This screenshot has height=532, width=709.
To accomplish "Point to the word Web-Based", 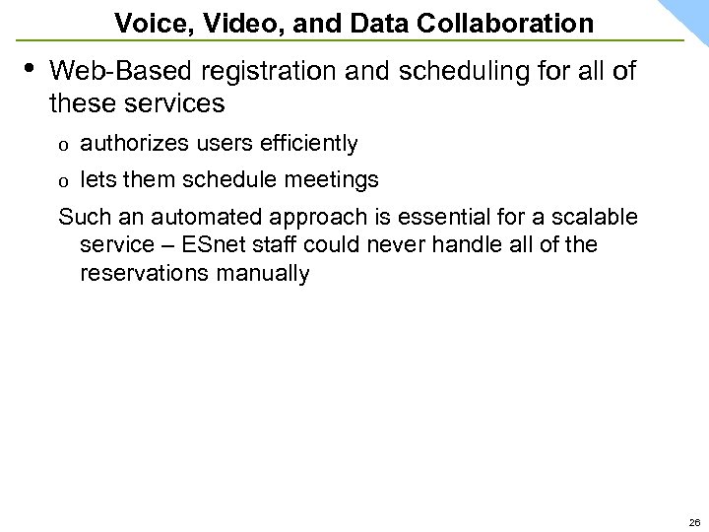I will [107, 72].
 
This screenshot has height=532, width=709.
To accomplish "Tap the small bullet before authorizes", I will [64, 146].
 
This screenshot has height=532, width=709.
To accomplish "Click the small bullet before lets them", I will [64, 182].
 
